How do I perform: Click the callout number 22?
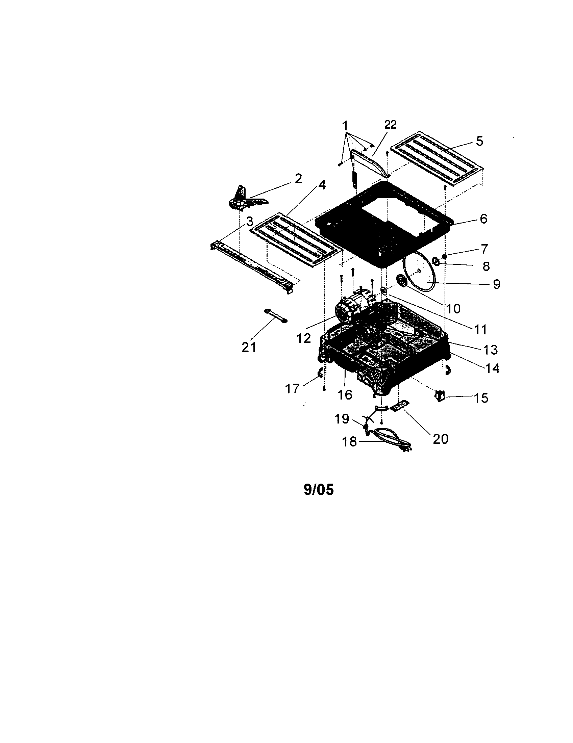tap(390, 125)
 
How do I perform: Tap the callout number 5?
tap(479, 141)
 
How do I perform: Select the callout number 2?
tap(298, 179)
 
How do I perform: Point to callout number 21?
tap(249, 347)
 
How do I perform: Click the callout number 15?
tap(481, 398)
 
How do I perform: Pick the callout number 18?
tap(349, 442)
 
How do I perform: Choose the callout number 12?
tap(303, 338)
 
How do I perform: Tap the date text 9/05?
tap(319, 490)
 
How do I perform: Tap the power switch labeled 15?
tap(440, 397)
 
